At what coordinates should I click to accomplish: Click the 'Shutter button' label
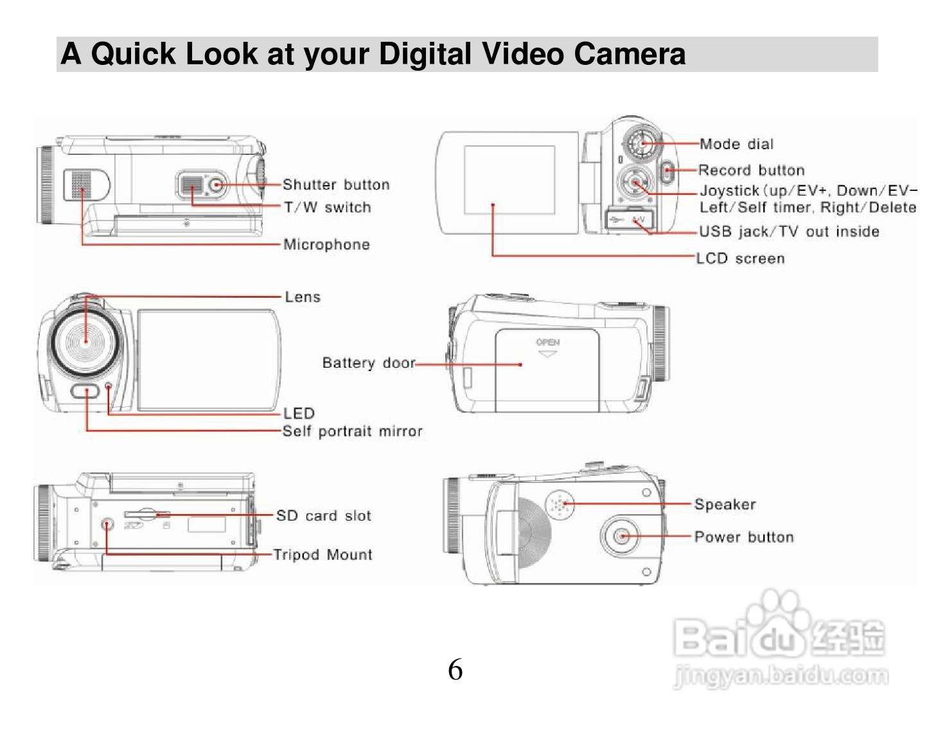coord(336,185)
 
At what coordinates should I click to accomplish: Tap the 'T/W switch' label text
coord(328,208)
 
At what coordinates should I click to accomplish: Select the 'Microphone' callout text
coord(326,245)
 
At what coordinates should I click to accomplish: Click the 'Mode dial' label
coord(736,145)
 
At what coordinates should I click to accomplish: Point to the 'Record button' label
coord(751,170)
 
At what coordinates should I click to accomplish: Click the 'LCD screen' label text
coord(740,259)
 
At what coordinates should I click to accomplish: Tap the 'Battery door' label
coord(369,363)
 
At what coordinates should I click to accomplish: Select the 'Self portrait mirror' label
coord(352,431)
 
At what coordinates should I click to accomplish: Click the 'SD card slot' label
coord(323,516)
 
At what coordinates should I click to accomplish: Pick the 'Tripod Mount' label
coord(323,555)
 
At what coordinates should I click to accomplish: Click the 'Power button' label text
coord(744,537)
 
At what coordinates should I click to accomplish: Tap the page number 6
coord(455,670)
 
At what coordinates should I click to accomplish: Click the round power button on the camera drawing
coord(621,536)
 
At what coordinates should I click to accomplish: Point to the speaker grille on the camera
coord(560,505)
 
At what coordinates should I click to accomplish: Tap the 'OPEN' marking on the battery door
coord(548,343)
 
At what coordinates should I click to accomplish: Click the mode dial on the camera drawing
coord(642,143)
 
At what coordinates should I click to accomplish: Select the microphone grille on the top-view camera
coord(80,185)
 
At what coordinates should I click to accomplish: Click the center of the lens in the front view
coord(86,341)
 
